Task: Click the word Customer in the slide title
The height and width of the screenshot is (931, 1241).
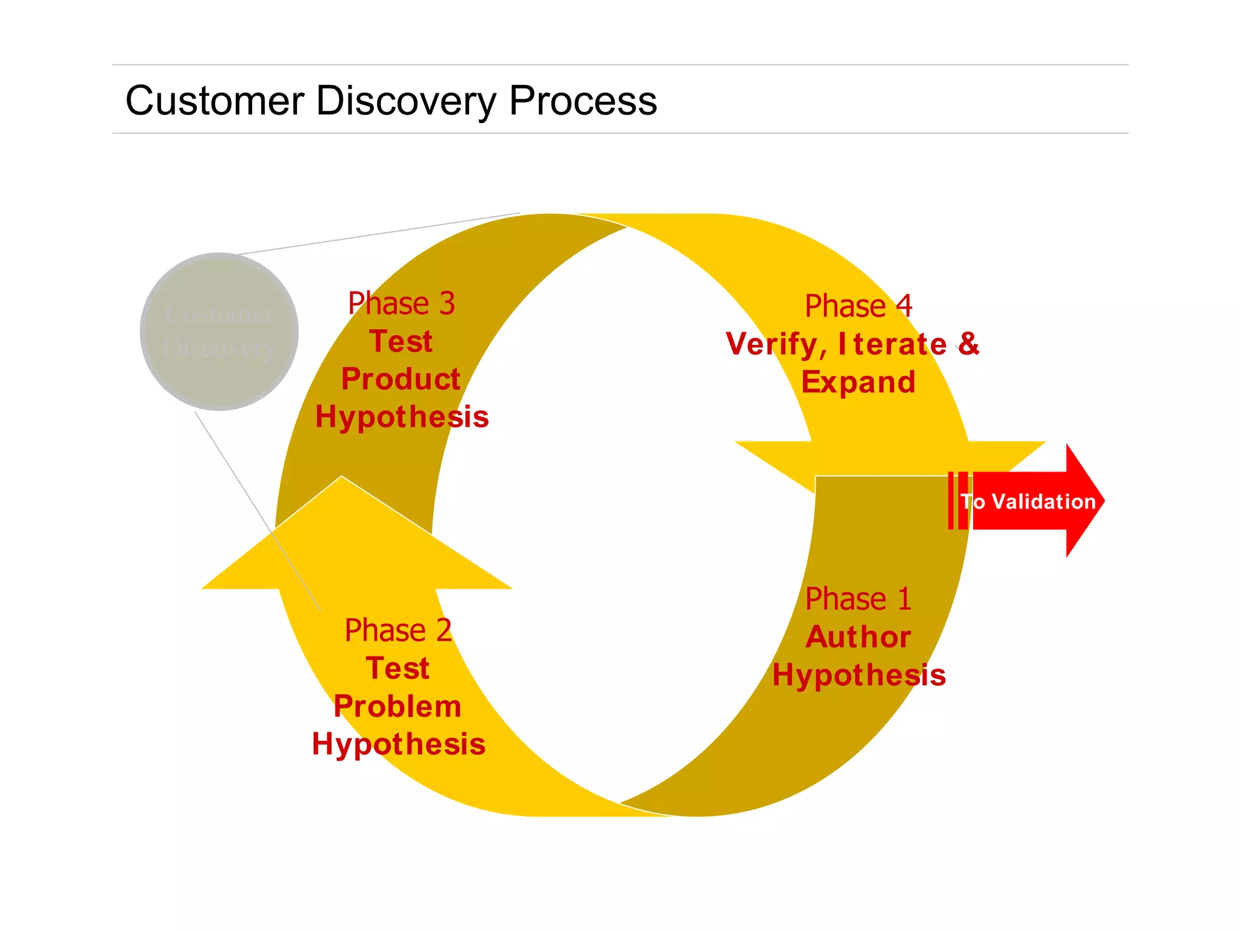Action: (x=215, y=101)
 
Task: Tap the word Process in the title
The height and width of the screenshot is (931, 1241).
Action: (x=583, y=101)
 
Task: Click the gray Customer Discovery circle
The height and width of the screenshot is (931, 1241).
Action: (x=219, y=332)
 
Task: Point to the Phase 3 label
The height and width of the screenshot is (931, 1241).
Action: (x=401, y=303)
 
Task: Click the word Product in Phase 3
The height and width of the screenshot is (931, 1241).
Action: (x=401, y=379)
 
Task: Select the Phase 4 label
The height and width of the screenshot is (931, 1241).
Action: (x=858, y=305)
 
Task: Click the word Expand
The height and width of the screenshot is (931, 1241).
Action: (x=858, y=382)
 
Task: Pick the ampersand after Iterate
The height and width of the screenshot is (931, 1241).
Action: (x=968, y=344)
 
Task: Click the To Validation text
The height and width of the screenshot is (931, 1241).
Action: (x=1029, y=502)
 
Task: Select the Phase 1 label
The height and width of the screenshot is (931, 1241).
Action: (x=858, y=599)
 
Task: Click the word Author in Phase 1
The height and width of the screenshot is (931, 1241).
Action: (x=858, y=637)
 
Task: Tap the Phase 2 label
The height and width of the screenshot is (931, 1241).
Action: (x=398, y=630)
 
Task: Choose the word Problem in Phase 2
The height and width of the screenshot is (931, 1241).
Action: (x=398, y=707)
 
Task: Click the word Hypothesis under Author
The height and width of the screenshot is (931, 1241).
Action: (x=858, y=675)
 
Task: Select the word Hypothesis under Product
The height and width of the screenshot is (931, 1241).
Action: (x=402, y=418)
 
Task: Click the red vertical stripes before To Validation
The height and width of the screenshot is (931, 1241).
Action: (x=958, y=501)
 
